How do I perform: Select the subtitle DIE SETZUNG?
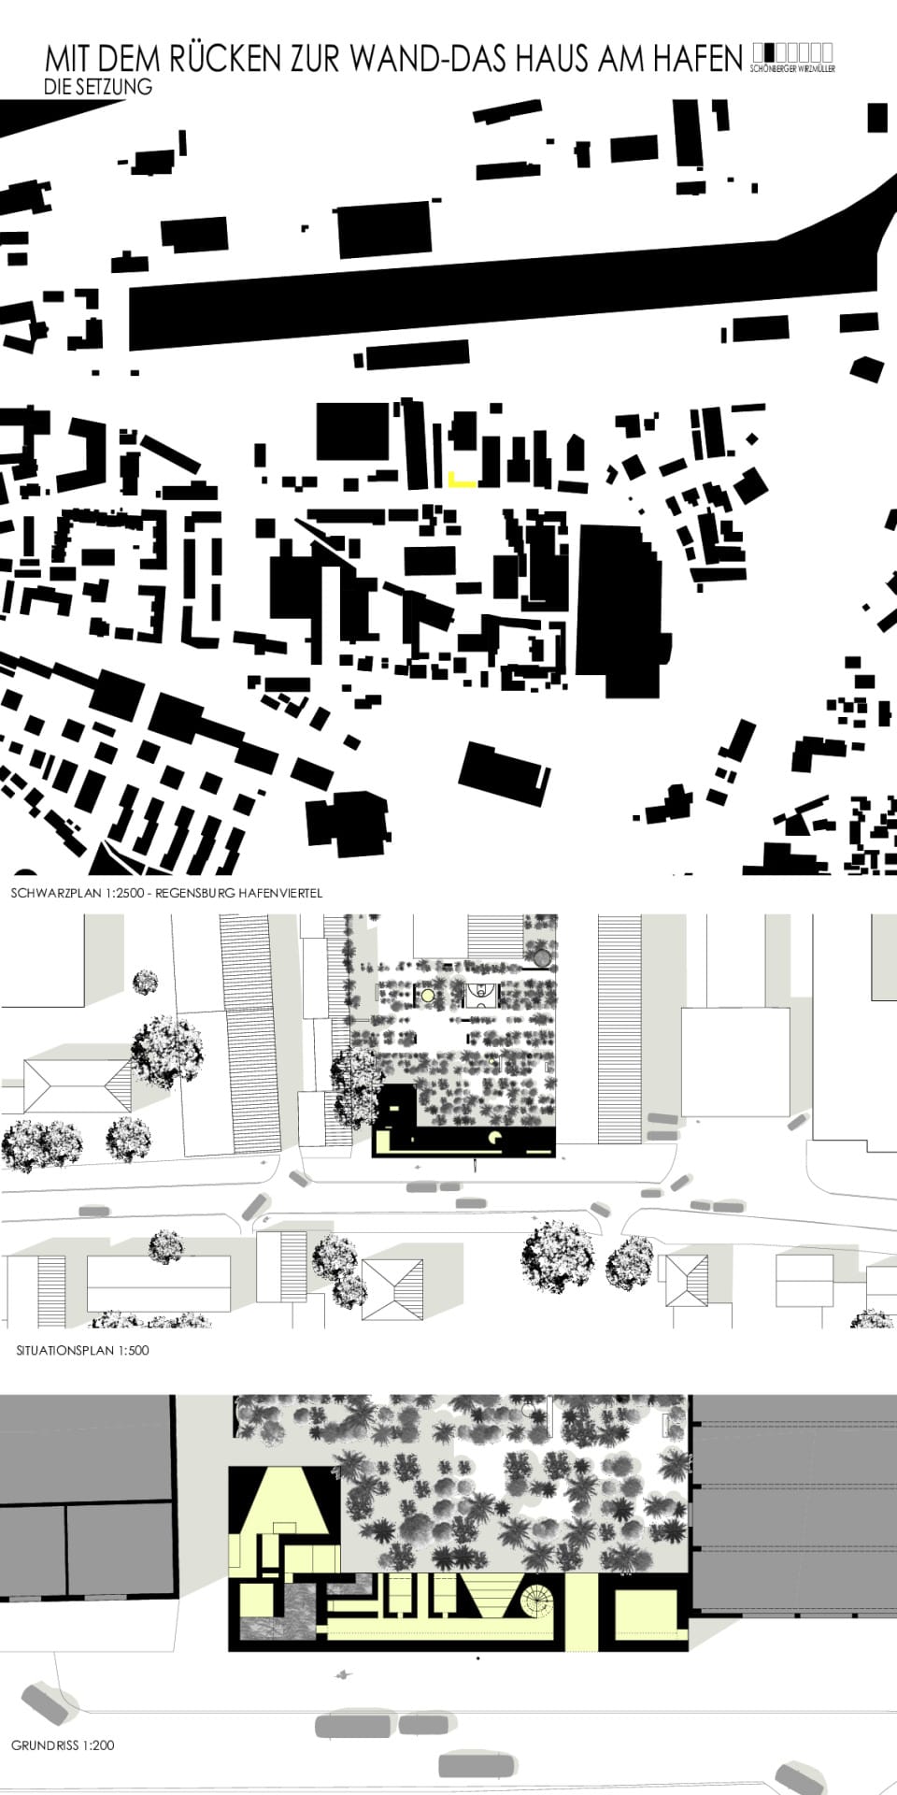(x=97, y=87)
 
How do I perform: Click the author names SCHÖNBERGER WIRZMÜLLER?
(x=792, y=69)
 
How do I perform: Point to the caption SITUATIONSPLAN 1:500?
(x=82, y=1350)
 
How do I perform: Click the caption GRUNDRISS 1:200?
(x=63, y=1745)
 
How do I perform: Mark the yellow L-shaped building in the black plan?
(x=459, y=482)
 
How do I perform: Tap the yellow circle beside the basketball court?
(x=428, y=995)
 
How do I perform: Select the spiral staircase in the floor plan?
(x=538, y=1603)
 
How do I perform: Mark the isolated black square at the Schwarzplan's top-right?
(x=877, y=118)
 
